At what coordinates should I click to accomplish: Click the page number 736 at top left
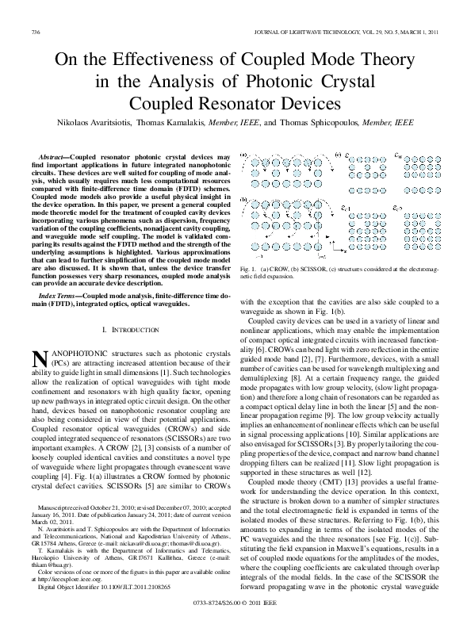[x=35, y=32]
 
